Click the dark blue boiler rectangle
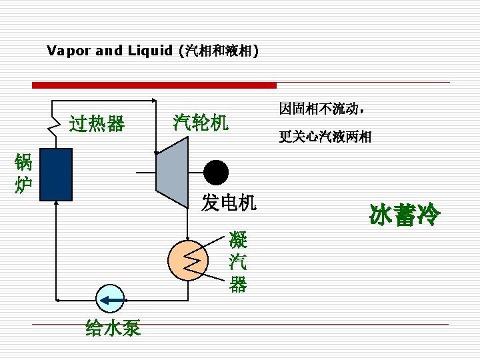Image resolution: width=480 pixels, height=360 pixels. [x=56, y=174]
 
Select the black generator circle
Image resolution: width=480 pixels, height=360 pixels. [x=216, y=173]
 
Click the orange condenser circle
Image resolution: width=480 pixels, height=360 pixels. [x=188, y=260]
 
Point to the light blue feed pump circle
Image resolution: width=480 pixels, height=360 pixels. [x=110, y=299]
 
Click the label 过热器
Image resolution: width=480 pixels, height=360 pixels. [x=97, y=124]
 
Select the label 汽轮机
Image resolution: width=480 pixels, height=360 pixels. [x=201, y=122]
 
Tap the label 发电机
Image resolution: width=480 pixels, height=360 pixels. [x=229, y=203]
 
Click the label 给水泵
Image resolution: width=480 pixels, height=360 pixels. [x=113, y=328]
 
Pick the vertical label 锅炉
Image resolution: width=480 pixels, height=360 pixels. [x=23, y=173]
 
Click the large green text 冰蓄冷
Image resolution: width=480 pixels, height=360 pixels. [x=405, y=214]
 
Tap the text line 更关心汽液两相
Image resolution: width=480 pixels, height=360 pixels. [x=325, y=137]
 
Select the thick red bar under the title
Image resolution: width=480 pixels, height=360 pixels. [x=155, y=85]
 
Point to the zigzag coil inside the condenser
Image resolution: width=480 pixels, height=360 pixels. [x=191, y=260]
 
